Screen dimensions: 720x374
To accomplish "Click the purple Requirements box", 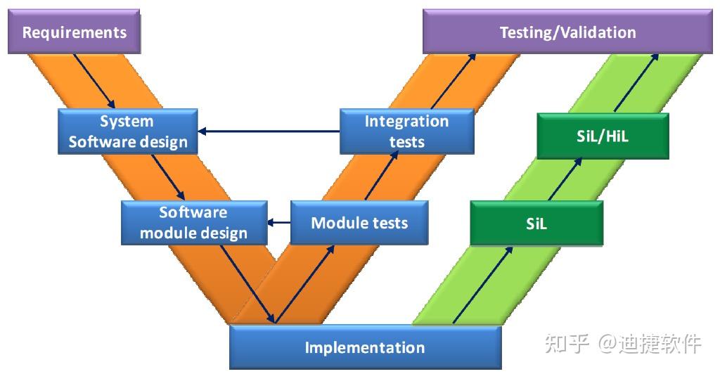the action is pyautogui.click(x=74, y=32).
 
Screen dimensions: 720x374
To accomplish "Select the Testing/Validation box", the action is pyautogui.click(x=567, y=32).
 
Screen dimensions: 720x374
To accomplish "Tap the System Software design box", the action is pyautogui.click(x=128, y=131).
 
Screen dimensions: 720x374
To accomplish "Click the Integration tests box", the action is pyautogui.click(x=407, y=131).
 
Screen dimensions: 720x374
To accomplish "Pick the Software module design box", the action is pyautogui.click(x=194, y=223).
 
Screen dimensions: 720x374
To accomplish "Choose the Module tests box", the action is pyautogui.click(x=359, y=223).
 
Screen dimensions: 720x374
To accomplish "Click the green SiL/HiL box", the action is pyautogui.click(x=603, y=136).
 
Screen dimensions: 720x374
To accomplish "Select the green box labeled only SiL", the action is pyautogui.click(x=536, y=224).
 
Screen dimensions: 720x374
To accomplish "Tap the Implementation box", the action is pyautogui.click(x=365, y=347).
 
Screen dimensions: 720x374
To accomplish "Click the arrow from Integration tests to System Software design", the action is pyautogui.click(x=269, y=131).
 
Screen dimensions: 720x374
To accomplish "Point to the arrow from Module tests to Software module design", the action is pyautogui.click(x=278, y=223).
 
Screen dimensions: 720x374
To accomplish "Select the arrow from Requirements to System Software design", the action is pyautogui.click(x=94, y=82).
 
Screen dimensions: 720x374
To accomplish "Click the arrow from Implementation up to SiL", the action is pyautogui.click(x=482, y=285).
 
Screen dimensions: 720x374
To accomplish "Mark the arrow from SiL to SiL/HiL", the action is pyautogui.click(x=565, y=179).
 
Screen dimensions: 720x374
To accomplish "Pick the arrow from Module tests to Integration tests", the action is pyautogui.click(x=382, y=176).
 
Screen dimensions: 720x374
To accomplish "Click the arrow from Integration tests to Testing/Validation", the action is pyautogui.click(x=454, y=82).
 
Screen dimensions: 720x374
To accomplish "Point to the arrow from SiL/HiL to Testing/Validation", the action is pyautogui.click(x=636, y=82).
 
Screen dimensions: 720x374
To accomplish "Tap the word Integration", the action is pyautogui.click(x=407, y=121).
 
